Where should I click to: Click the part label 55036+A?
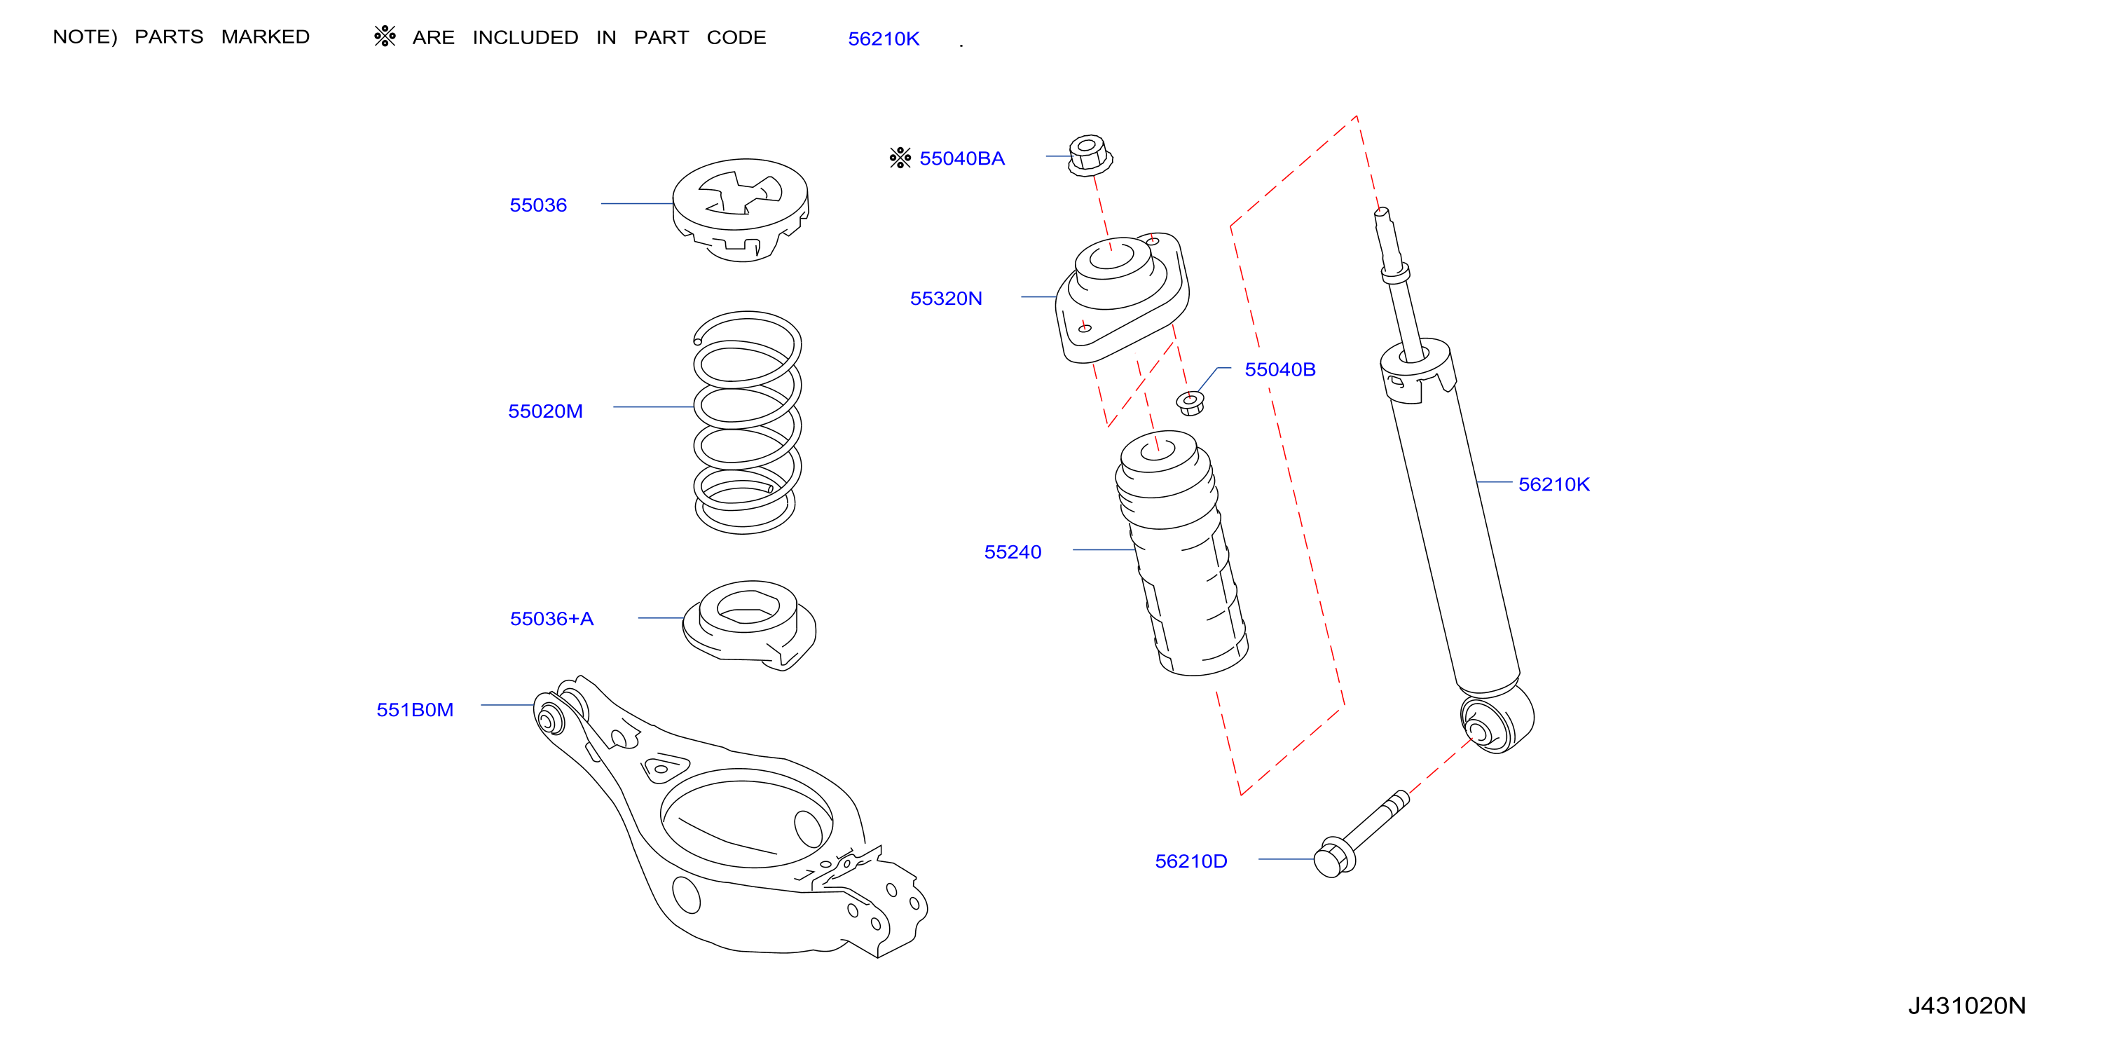click(x=551, y=619)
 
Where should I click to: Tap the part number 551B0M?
click(x=415, y=709)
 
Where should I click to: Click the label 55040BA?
click(x=962, y=159)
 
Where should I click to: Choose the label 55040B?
click(x=1280, y=370)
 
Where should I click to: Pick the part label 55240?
click(x=1013, y=552)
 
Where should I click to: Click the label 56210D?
click(x=1191, y=861)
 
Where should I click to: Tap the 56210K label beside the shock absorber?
click(x=1554, y=484)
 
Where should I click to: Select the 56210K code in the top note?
click(x=884, y=39)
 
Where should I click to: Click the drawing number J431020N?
click(x=1967, y=1006)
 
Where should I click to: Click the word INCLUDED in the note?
click(x=525, y=38)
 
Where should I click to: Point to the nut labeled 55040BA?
click(x=1090, y=156)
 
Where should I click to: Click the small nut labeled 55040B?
click(x=1190, y=402)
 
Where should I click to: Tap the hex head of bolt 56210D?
click(x=1333, y=858)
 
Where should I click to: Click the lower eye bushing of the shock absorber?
click(x=1496, y=720)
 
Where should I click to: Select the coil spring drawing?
click(x=747, y=422)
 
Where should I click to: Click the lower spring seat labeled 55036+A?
click(x=749, y=625)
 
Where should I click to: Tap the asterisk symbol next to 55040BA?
click(x=900, y=157)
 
